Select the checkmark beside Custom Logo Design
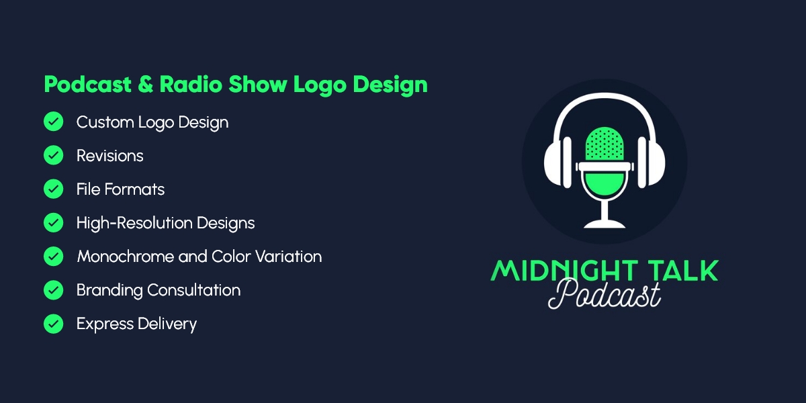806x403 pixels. (53, 122)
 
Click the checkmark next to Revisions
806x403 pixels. (53, 155)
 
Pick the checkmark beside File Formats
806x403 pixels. (53, 189)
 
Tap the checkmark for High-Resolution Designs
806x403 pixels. (53, 222)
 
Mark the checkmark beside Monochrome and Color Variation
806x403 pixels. (53, 256)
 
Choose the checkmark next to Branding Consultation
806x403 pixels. (53, 289)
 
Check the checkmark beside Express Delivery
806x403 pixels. (53, 324)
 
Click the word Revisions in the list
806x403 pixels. (109, 156)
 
